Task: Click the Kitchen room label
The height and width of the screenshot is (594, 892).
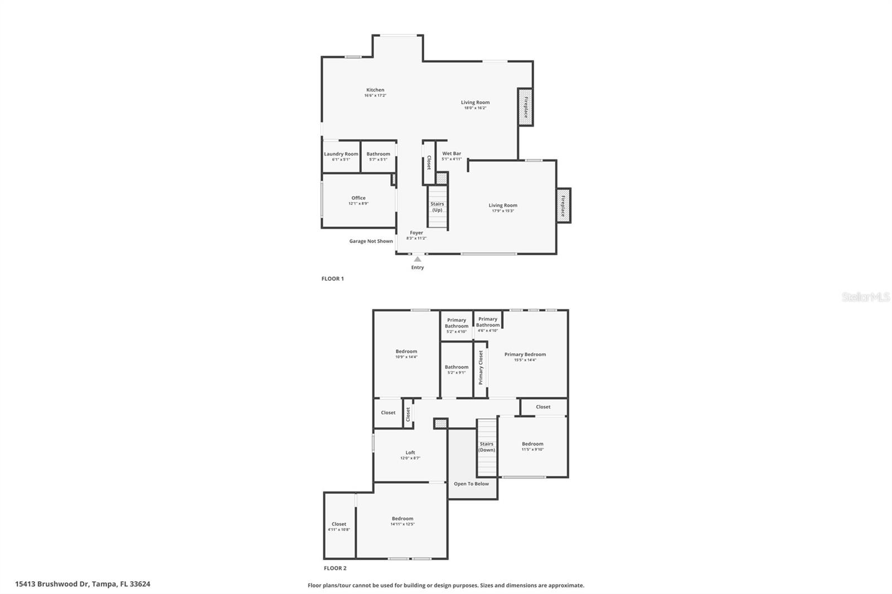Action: pos(375,90)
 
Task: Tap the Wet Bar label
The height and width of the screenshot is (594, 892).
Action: pos(452,154)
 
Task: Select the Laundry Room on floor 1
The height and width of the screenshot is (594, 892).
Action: pos(341,156)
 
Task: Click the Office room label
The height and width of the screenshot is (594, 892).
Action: pos(358,198)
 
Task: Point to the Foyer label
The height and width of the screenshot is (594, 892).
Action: pos(416,233)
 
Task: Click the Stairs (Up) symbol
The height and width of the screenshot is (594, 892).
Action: pos(438,207)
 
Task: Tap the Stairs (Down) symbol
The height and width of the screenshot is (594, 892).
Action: pos(487,447)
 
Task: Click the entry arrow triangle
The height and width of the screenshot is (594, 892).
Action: pos(418,259)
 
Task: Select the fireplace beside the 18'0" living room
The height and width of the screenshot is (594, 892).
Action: pos(525,107)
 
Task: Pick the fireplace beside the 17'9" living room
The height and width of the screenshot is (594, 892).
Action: pos(563,206)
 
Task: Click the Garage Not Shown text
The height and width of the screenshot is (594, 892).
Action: pos(371,241)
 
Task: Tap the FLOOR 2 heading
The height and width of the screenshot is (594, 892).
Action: pos(335,568)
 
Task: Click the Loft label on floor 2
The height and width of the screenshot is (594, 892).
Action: pos(410,453)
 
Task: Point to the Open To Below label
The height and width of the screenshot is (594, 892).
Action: pos(471,484)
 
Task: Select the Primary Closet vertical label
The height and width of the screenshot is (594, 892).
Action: pos(481,367)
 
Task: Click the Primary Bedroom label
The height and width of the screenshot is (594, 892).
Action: pos(525,354)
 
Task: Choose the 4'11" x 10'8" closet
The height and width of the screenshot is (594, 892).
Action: pos(339,527)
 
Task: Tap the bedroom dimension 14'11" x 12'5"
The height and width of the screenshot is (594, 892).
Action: pos(403,524)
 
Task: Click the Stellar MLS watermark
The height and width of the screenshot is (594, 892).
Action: pos(865,298)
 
